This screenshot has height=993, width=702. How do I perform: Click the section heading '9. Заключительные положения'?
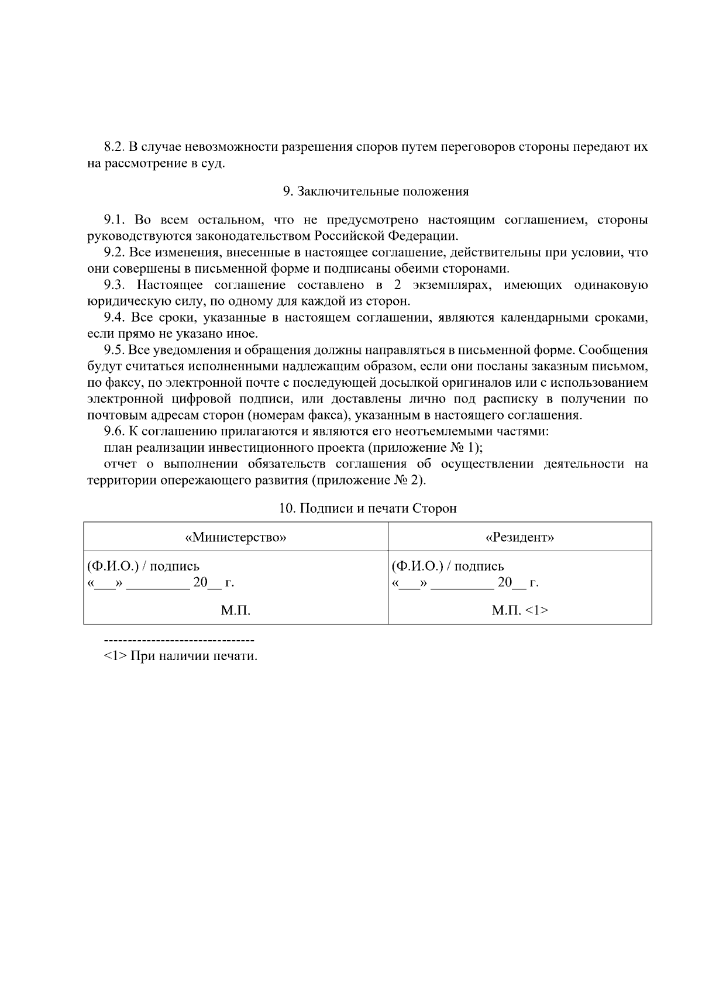tap(375, 192)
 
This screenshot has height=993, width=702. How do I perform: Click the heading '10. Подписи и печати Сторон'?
tap(367, 508)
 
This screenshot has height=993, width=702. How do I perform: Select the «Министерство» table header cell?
tap(235, 538)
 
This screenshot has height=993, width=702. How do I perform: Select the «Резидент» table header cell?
tap(519, 538)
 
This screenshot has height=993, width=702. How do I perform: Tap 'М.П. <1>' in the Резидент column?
tap(519, 611)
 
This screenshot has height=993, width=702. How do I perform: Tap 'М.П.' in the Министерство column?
tap(235, 611)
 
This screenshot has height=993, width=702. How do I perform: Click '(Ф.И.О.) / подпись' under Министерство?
tap(143, 566)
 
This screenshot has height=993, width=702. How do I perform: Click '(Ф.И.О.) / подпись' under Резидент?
tap(448, 566)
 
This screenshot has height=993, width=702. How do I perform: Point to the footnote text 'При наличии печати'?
tap(194, 656)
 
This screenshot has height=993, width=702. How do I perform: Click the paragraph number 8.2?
tap(115, 147)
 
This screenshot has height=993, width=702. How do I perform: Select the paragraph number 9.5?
tap(115, 351)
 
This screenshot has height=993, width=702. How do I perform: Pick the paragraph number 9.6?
tap(115, 432)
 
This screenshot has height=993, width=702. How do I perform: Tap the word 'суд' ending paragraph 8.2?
tap(214, 163)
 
